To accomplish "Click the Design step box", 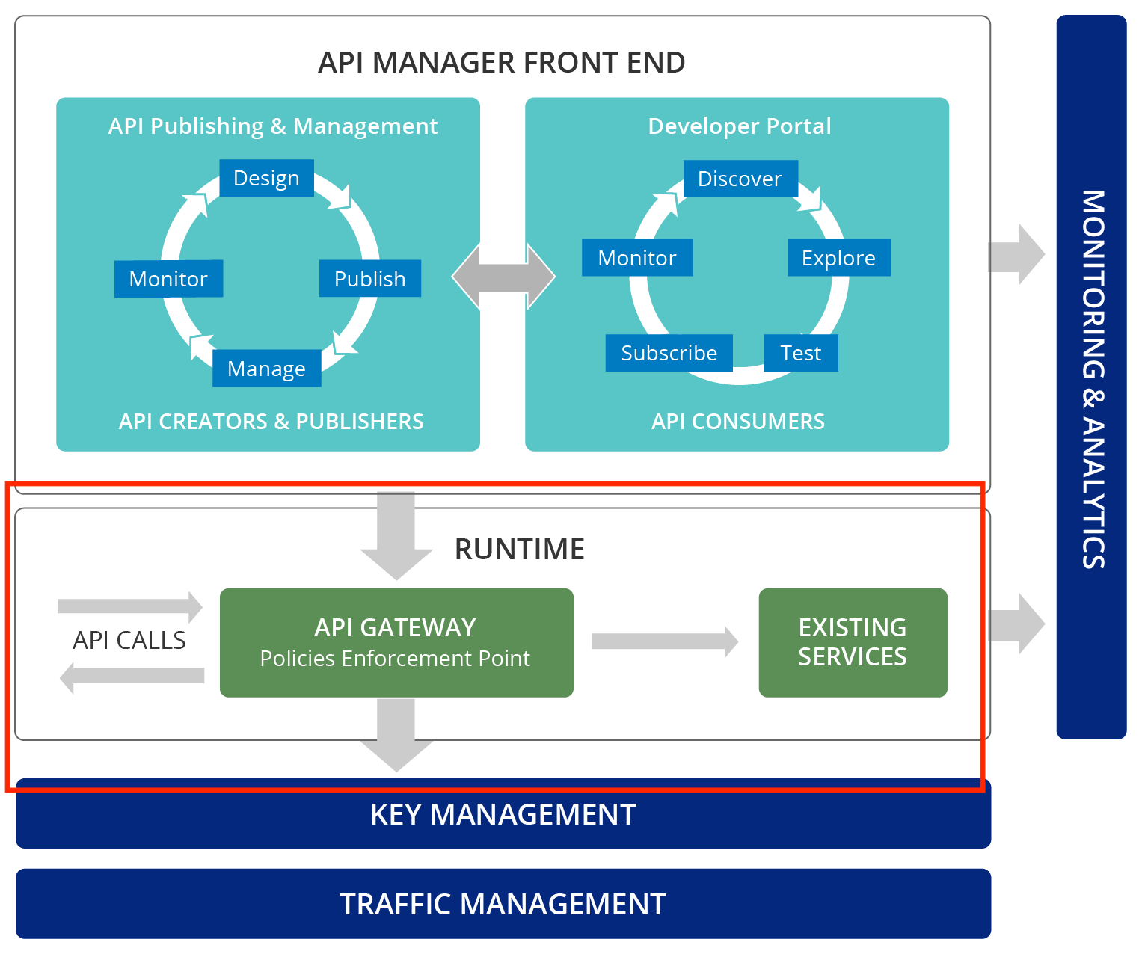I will coord(266,178).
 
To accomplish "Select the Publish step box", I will coord(369,279).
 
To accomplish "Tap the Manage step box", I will coord(266,369).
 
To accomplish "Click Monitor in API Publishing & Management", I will coord(168,279).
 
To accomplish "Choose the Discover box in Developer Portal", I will coord(740,179).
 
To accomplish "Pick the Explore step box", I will coord(838,258).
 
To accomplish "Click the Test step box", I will coord(800,353).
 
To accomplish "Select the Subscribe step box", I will coord(669,353).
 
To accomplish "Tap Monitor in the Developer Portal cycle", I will coord(637,258).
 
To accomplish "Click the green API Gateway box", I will coord(396,642).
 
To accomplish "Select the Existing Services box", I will coord(853,642).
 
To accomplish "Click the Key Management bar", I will coord(503,815).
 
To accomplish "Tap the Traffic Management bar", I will coord(503,904).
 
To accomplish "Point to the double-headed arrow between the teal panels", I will coord(503,276).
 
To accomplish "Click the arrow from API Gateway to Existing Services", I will coord(665,641).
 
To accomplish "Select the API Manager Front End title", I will coord(501,63).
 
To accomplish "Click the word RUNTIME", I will coord(520,550).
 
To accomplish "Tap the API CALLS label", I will coord(129,641).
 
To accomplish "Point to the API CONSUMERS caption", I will coord(737,422).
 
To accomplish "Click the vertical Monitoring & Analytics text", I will coord(1093,379).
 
